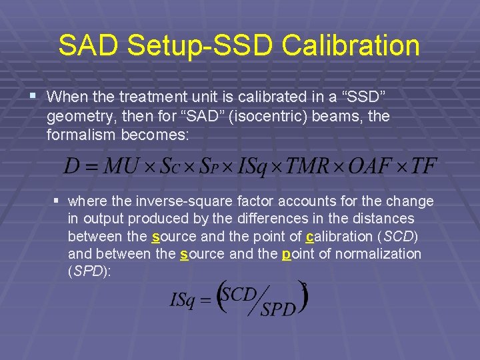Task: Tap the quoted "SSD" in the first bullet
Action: pyautogui.click(x=361, y=97)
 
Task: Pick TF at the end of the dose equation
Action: pyautogui.click(x=423, y=166)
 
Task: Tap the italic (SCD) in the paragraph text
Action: pyautogui.click(x=398, y=236)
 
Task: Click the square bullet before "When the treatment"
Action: pyautogui.click(x=33, y=97)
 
